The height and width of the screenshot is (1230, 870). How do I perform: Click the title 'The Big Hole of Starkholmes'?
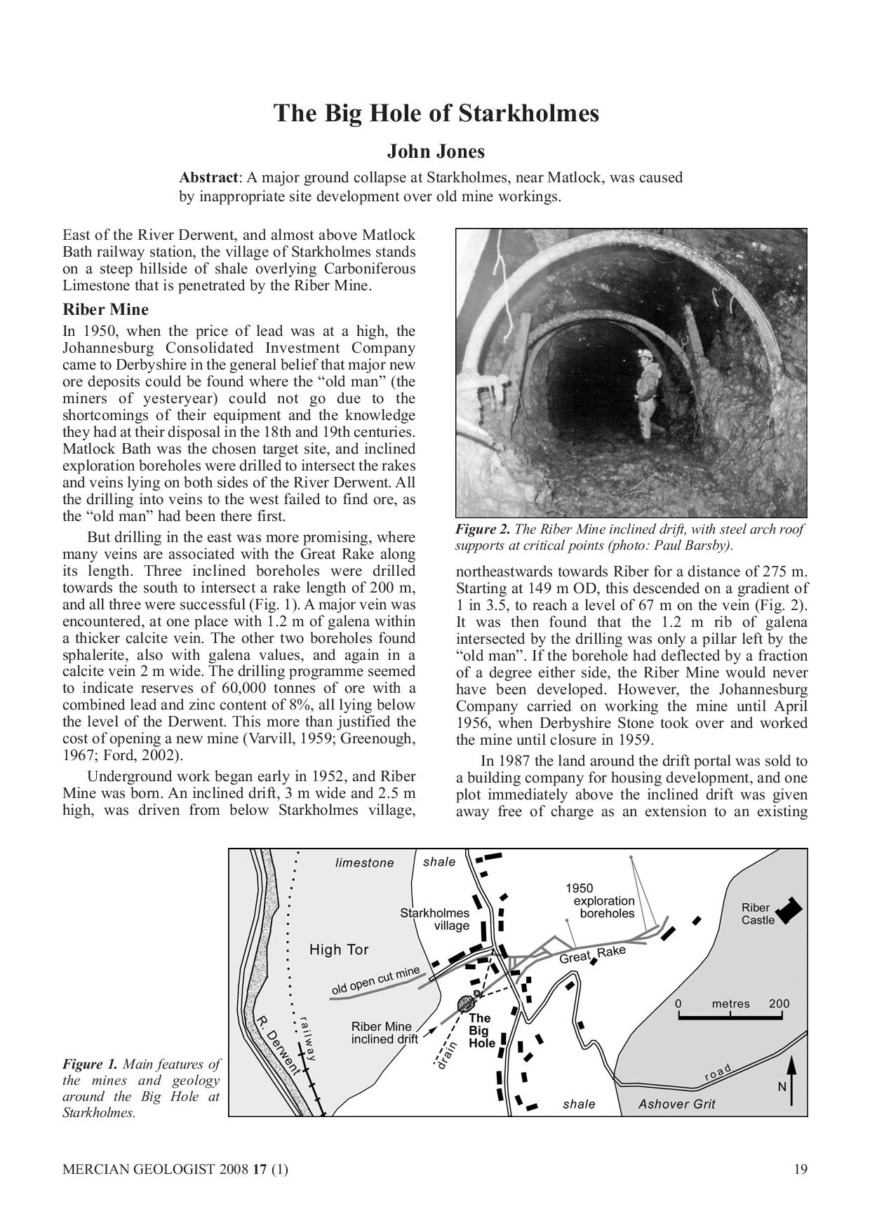436,114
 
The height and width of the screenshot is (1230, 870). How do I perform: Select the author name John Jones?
436,151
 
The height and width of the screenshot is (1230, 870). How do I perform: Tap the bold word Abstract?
208,177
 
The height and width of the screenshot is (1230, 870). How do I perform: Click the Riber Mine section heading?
105,309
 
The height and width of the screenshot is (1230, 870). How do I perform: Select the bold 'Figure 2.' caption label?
483,529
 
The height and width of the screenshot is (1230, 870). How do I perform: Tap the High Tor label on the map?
339,949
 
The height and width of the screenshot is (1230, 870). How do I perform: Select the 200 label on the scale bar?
779,1003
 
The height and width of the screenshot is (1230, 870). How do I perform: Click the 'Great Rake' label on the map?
592,954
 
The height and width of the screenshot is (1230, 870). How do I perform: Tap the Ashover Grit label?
676,1104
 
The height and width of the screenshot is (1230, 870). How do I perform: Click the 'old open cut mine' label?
375,980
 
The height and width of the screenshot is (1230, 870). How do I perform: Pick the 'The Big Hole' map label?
481,1030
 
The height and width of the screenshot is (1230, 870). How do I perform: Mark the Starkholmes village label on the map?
435,919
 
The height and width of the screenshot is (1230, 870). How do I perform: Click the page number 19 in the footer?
801,1168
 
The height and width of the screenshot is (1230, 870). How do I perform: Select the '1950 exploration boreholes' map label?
602,901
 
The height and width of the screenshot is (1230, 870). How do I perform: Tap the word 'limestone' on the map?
364,863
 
